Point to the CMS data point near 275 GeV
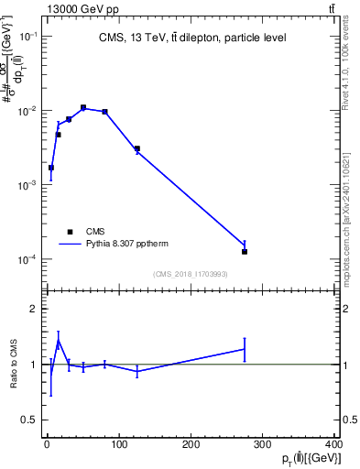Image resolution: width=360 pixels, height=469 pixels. pyautogui.click(x=245, y=251)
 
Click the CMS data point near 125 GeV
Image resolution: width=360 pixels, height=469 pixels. pyautogui.click(x=136, y=148)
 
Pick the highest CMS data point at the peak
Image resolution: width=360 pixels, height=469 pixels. pyautogui.click(x=83, y=107)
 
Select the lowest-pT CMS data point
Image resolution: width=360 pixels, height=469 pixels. pyautogui.click(x=51, y=168)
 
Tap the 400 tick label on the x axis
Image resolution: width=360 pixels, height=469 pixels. pyautogui.click(x=333, y=444)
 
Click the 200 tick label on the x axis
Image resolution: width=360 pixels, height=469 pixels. pyautogui.click(x=191, y=444)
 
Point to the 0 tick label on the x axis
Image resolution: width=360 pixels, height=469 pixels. pyautogui.click(x=48, y=444)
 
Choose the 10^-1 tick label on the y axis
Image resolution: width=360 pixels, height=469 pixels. pyautogui.click(x=28, y=36)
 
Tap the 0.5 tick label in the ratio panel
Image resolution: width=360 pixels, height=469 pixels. pyautogui.click(x=30, y=420)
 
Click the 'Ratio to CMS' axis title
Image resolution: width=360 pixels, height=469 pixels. pyautogui.click(x=14, y=365)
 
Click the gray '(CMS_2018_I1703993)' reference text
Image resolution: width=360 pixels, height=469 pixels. pyautogui.click(x=191, y=274)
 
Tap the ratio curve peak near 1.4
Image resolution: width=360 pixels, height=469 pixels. pyautogui.click(x=59, y=341)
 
